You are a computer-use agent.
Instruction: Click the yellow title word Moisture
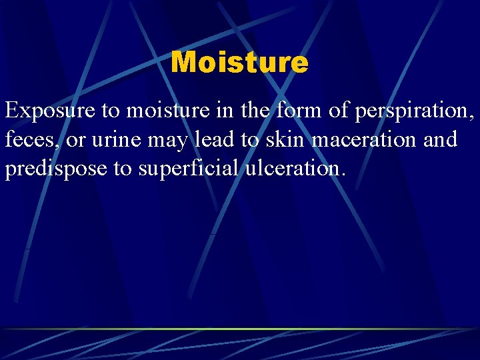(239, 63)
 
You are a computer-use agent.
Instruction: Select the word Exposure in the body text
(50, 111)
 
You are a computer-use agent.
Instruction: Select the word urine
(112, 140)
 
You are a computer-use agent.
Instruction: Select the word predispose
(56, 169)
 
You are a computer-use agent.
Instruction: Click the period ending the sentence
(344, 175)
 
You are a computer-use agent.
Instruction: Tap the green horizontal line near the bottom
(240, 329)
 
